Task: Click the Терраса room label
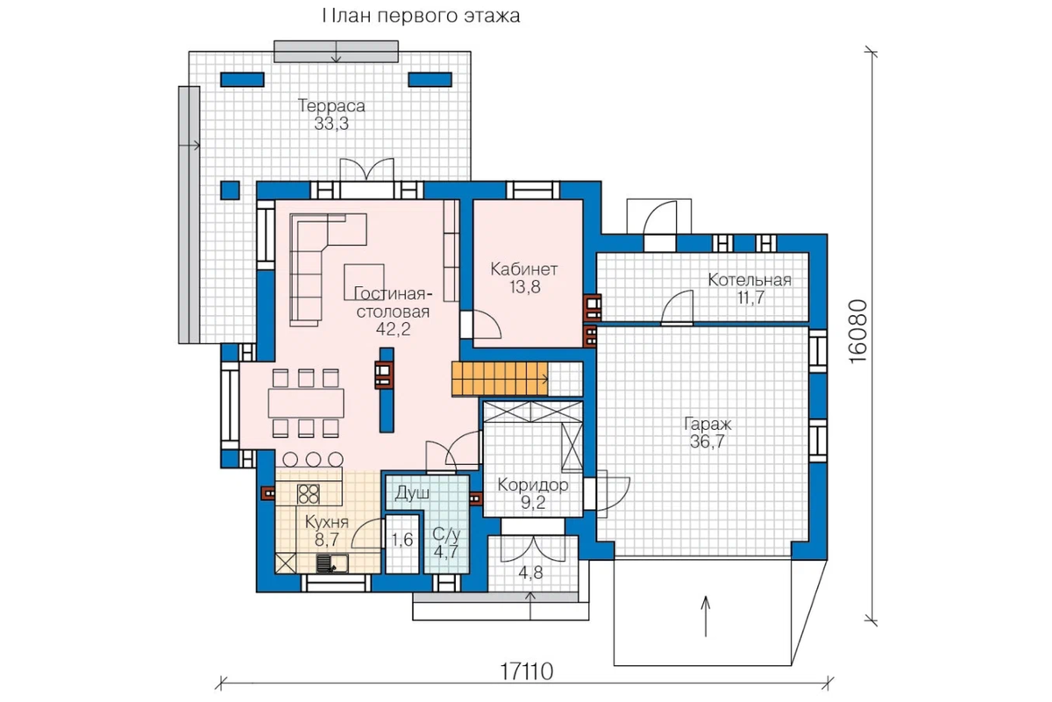click(331, 106)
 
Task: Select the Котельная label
click(750, 280)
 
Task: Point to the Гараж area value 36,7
click(707, 442)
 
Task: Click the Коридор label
click(533, 484)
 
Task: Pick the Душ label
click(412, 493)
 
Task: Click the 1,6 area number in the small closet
click(402, 540)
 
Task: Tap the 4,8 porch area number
click(530, 573)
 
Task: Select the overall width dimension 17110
click(527, 671)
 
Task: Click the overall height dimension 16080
click(858, 332)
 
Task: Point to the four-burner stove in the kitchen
click(309, 494)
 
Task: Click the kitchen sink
click(332, 562)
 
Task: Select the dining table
click(306, 403)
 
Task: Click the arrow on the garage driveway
click(706, 616)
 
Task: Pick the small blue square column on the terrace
click(230, 190)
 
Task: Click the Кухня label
click(327, 522)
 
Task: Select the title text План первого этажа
click(422, 16)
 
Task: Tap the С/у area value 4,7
click(445, 552)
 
